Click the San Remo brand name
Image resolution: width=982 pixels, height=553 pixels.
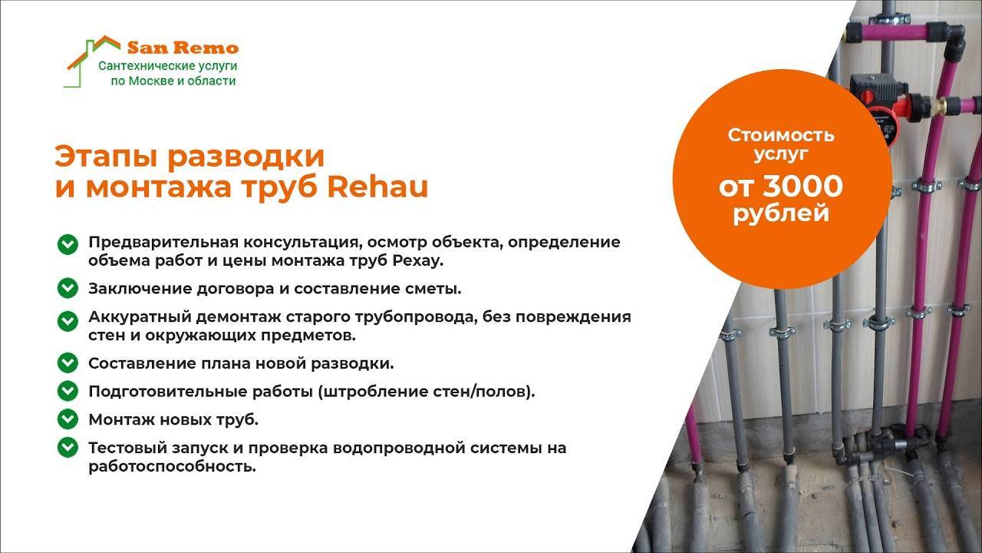pyautogui.click(x=183, y=47)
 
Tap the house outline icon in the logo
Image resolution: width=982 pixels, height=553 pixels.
pyautogui.click(x=93, y=61)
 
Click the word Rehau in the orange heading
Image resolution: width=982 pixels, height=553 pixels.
pyautogui.click(x=377, y=187)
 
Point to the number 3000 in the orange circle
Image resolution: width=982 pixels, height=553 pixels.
pyautogui.click(x=803, y=186)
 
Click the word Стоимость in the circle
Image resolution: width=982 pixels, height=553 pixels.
pyautogui.click(x=781, y=135)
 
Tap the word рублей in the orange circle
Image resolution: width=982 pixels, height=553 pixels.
pyautogui.click(x=781, y=214)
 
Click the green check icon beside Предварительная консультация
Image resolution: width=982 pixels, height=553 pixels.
pyautogui.click(x=68, y=244)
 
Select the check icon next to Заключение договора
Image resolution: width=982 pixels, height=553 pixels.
pyautogui.click(x=68, y=288)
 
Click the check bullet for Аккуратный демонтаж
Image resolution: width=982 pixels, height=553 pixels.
pyautogui.click(x=68, y=321)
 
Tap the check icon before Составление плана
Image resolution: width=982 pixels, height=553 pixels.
pyautogui.click(x=68, y=363)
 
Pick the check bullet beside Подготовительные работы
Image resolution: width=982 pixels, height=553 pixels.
pyautogui.click(x=68, y=391)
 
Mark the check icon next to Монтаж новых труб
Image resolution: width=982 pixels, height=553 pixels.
pyautogui.click(x=68, y=419)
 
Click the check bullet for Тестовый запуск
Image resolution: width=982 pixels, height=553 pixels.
pyautogui.click(x=68, y=448)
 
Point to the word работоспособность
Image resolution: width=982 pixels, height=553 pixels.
pyautogui.click(x=173, y=466)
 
